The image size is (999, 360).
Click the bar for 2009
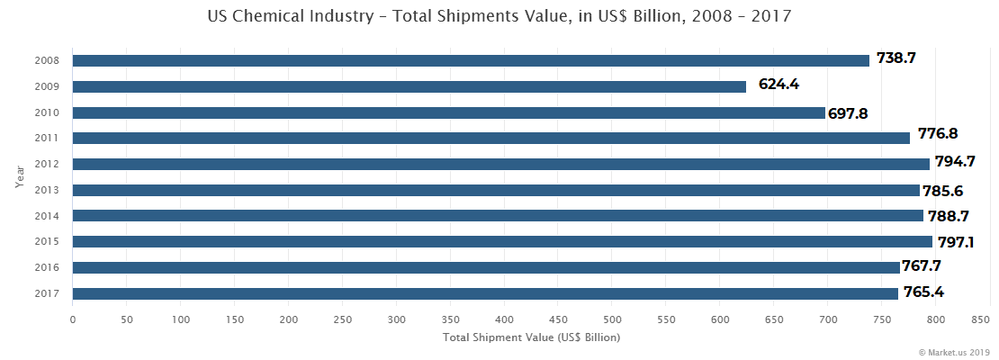coord(409,86)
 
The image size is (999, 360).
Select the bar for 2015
coord(502,242)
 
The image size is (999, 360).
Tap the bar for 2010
coord(448,112)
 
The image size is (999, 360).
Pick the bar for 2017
coord(485,293)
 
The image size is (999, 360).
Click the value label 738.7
coord(895,58)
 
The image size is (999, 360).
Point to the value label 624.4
coord(778,85)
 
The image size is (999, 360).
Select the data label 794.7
coord(956,162)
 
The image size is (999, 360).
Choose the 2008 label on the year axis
coord(48,61)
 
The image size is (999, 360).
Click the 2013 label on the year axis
coord(48,191)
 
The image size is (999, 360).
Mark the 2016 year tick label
coord(48,268)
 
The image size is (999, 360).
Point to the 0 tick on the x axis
coord(73,319)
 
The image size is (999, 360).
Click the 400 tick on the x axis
coord(504,319)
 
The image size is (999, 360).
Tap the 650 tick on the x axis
coord(774,319)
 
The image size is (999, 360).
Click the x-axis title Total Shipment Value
coord(531,337)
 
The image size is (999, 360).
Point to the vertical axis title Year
coord(19,175)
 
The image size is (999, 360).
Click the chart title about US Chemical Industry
coord(499,16)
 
